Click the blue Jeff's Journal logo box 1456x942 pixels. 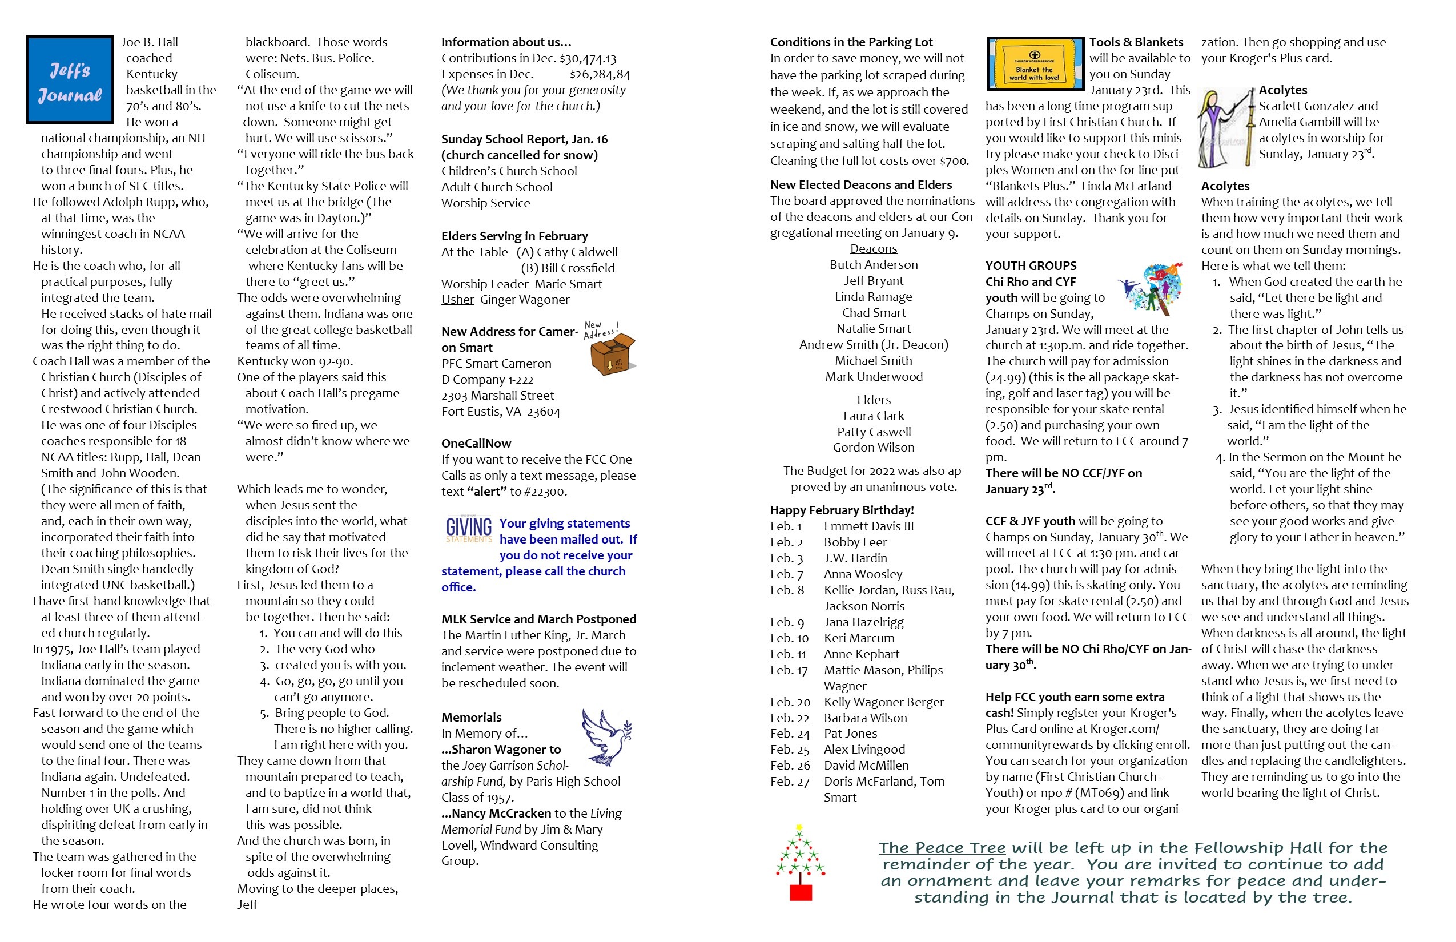pos(70,79)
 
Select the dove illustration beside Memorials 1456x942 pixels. pos(606,737)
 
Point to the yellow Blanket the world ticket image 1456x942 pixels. pos(1035,63)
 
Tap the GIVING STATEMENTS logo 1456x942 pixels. pos(469,530)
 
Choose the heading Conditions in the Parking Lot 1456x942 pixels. pos(851,42)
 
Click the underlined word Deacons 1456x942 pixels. pos(874,249)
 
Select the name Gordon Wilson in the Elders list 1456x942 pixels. pos(874,448)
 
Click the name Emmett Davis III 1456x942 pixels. pos(868,526)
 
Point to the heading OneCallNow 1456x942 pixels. pos(476,444)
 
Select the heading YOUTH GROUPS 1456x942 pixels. pos(1031,266)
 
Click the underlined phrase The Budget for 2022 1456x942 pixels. pos(839,471)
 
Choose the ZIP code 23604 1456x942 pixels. pos(543,412)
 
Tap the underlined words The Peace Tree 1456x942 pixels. pos(942,848)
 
